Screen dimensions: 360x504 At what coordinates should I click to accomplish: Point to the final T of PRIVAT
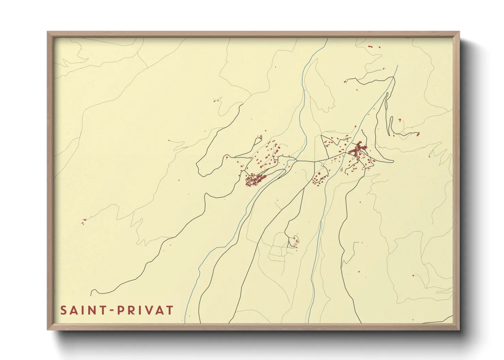[170, 310]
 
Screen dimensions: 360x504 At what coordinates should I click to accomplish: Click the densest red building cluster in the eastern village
[357, 150]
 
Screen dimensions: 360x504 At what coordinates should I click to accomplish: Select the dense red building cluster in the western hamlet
[255, 180]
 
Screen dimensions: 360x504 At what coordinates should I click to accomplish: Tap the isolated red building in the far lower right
[413, 275]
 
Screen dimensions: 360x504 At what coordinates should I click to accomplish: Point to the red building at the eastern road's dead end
[418, 134]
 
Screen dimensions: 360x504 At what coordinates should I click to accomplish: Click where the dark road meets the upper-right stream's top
[394, 77]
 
